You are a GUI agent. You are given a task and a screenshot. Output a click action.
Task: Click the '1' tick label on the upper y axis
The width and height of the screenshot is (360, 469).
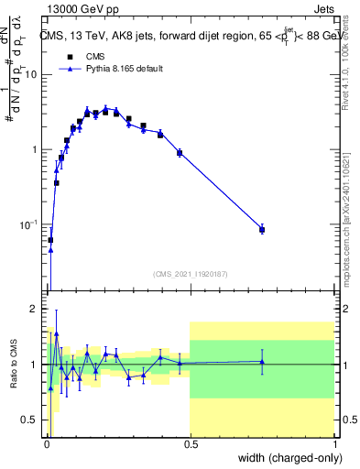point(34,149)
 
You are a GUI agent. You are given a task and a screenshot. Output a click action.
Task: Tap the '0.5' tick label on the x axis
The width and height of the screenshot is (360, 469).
point(190,444)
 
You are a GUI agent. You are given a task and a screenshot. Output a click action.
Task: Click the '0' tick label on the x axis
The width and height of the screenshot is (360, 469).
point(46,444)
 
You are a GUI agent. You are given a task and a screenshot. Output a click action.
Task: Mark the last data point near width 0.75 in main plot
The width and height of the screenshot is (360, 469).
point(262,229)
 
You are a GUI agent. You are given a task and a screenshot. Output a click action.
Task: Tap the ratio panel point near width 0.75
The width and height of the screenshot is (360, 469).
point(262,362)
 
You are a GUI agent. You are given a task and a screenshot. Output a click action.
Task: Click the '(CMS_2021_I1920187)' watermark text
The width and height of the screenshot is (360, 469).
point(190,273)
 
